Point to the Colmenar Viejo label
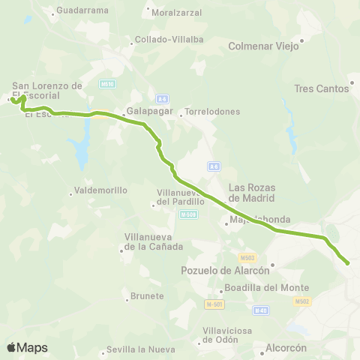[263, 46]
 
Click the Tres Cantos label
[322, 88]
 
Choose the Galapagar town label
[150, 112]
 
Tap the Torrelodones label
[212, 112]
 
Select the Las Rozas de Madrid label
[251, 193]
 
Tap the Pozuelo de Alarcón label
[226, 270]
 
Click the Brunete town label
[147, 295]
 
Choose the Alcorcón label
[286, 347]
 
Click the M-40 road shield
[261, 310]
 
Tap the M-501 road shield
[215, 304]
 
